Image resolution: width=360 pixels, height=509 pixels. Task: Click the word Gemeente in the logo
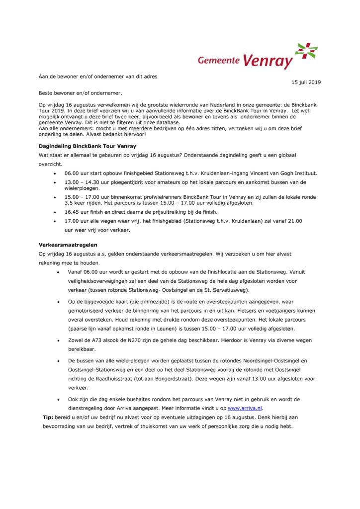click(x=219, y=61)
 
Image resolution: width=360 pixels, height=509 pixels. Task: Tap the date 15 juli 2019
click(x=306, y=82)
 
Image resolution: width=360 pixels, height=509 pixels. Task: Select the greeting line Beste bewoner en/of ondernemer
click(x=80, y=93)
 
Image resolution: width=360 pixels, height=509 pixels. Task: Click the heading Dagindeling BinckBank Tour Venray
click(x=87, y=146)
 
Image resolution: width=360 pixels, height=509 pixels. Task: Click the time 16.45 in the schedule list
click(x=72, y=211)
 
